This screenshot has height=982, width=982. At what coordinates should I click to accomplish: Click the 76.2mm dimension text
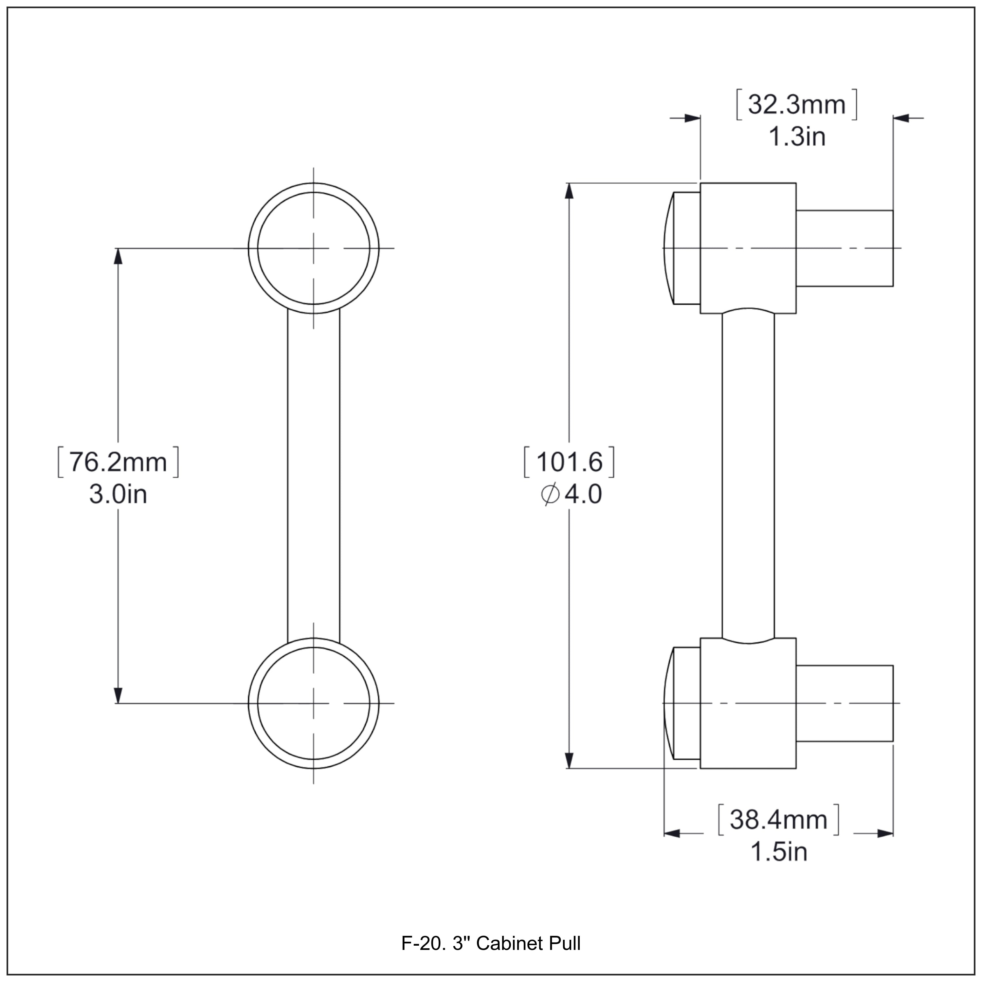coord(118,462)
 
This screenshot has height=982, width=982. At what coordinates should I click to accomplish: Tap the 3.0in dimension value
coord(118,494)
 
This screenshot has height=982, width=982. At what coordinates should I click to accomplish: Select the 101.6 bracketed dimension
coord(569,462)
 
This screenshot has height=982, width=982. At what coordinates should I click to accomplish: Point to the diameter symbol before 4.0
coord(550,494)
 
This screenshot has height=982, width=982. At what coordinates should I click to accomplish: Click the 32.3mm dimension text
coord(796,105)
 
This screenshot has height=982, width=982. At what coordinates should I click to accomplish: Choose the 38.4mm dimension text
coord(778,820)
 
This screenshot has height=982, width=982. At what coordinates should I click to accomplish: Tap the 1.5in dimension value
coord(778,852)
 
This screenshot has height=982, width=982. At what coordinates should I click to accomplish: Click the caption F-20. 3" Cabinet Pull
coord(490,943)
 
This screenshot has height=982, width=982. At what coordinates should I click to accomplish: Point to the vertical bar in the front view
coord(313,475)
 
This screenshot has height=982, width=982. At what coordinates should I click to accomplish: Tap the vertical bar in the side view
coord(748,475)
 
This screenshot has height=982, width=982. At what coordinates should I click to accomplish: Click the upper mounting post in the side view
coord(844,248)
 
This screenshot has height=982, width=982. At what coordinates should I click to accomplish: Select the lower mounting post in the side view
coord(844,703)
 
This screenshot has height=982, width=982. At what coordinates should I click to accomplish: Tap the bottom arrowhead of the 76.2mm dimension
coord(118,695)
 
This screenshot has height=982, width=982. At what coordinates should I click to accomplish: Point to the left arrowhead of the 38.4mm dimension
coord(672,834)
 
